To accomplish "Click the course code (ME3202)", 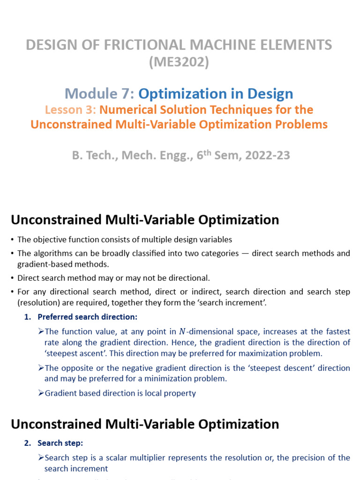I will [179, 62].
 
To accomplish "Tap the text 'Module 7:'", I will [99, 94].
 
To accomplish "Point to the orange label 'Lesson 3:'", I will [70, 110].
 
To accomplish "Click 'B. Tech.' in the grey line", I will [90, 156].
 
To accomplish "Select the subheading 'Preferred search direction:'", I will [87, 317].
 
